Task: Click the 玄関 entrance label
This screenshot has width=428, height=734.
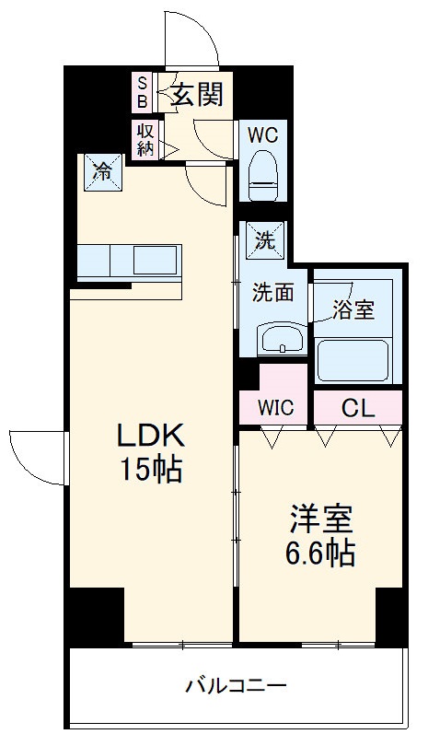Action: (x=196, y=94)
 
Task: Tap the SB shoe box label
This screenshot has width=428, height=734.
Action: (x=143, y=91)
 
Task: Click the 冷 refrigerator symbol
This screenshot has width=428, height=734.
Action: (x=105, y=170)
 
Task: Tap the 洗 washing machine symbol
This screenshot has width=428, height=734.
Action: (x=265, y=241)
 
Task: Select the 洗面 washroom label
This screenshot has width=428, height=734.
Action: (x=273, y=293)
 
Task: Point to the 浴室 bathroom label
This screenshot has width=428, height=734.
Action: (x=353, y=309)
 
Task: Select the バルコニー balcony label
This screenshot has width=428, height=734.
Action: (x=236, y=686)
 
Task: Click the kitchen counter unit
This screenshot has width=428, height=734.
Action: (x=129, y=261)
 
